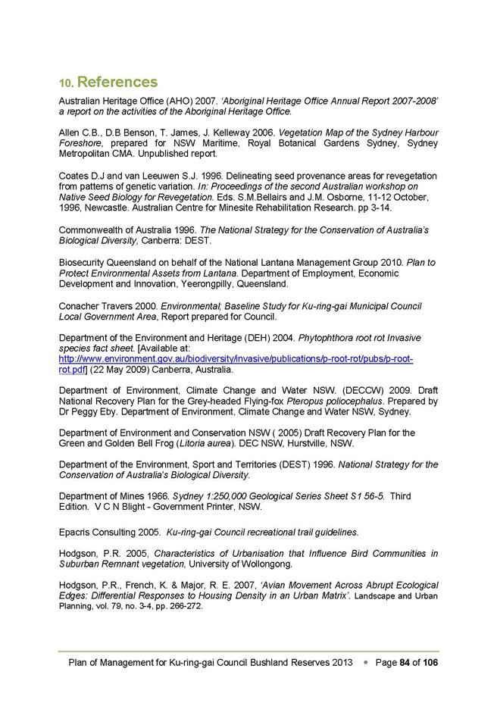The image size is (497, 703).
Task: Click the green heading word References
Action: [x=117, y=81]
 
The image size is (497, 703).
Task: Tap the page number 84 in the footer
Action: [x=405, y=662]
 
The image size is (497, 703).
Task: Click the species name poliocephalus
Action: [x=330, y=401]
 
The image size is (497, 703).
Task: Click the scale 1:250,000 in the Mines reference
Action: [x=221, y=496]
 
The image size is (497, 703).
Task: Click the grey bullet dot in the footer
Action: [x=367, y=662]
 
